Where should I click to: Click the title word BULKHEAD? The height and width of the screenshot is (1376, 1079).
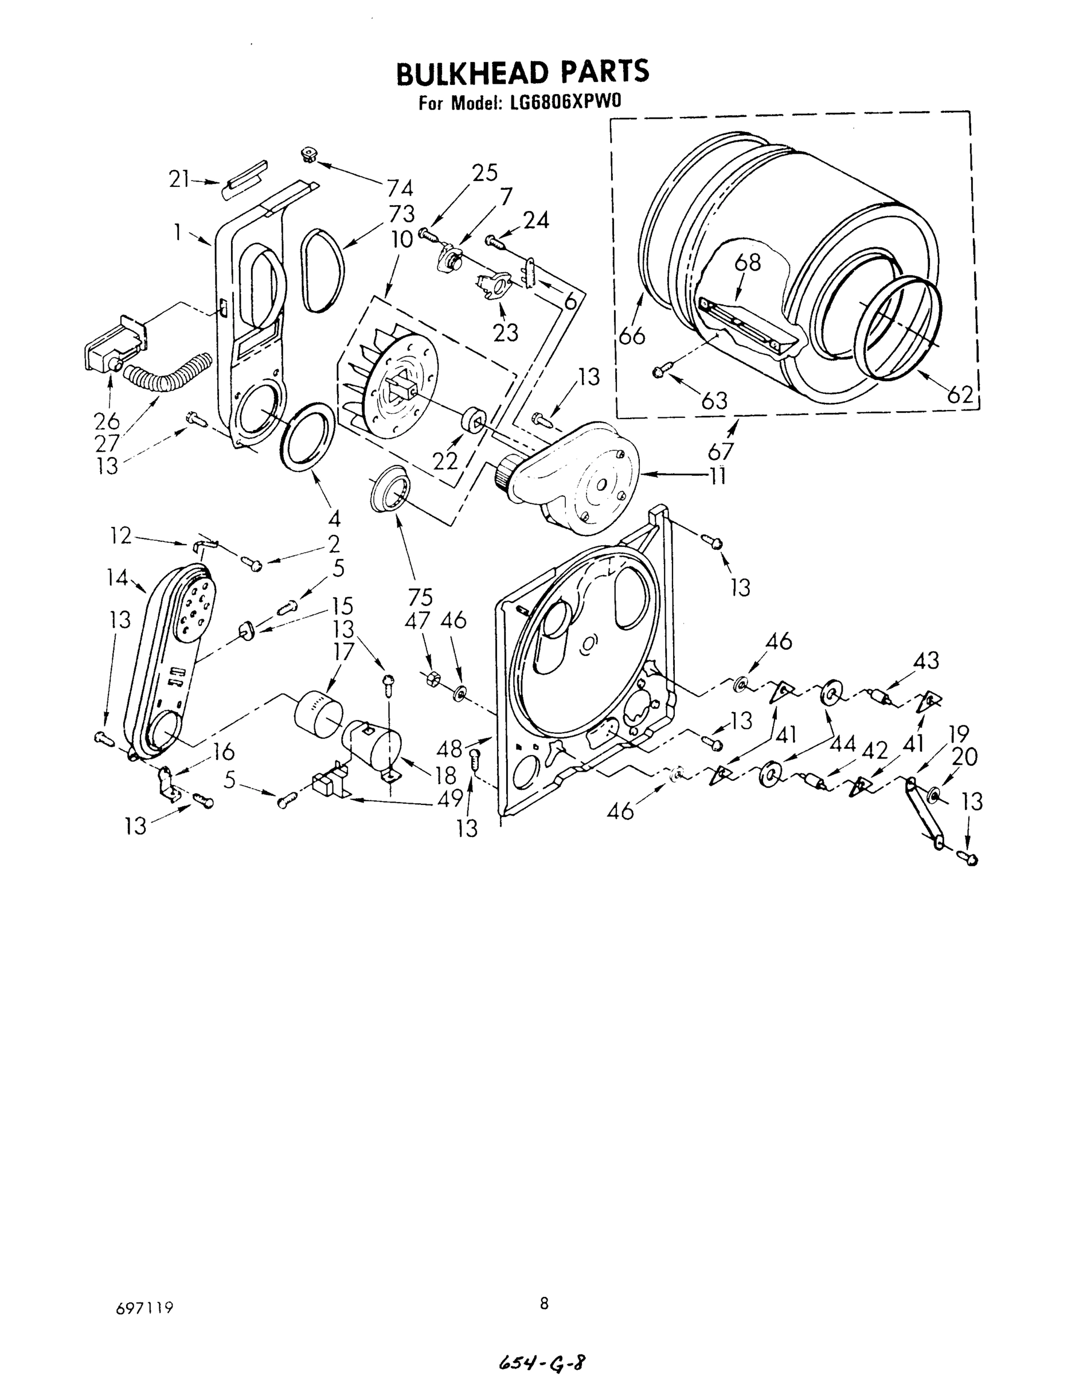click(x=472, y=73)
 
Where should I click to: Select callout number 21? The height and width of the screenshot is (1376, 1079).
click(x=179, y=179)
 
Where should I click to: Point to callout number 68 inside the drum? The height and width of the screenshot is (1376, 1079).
click(x=748, y=262)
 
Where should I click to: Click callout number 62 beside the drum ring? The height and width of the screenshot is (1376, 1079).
click(x=960, y=394)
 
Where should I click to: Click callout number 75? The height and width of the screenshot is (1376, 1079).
click(x=420, y=597)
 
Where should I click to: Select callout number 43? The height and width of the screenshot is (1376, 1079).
click(x=925, y=661)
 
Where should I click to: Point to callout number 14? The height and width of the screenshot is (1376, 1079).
click(x=118, y=577)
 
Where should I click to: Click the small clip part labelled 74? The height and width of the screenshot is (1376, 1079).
click(x=309, y=154)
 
